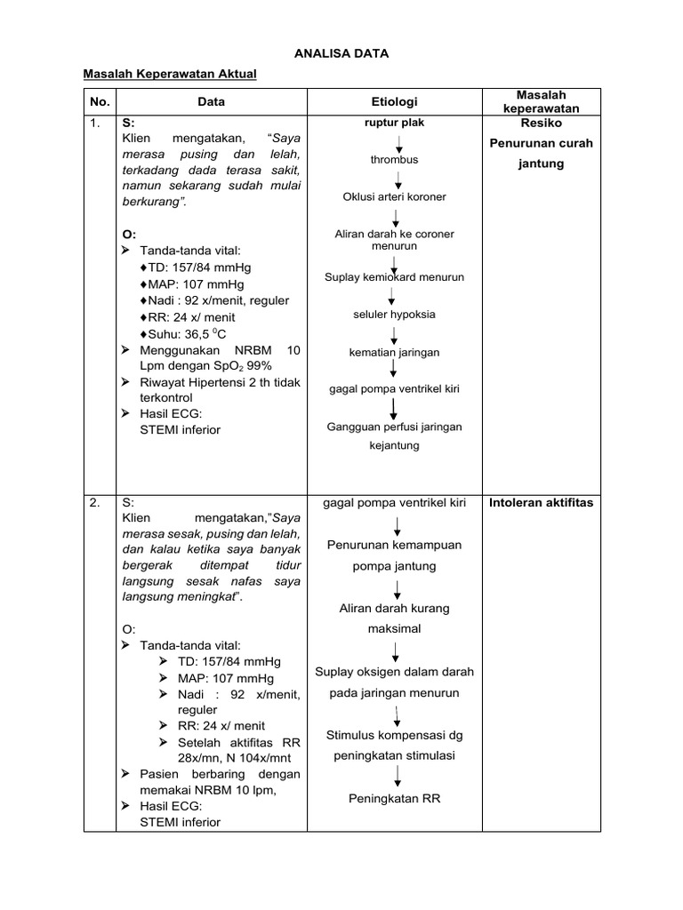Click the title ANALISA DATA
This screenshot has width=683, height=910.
(342, 53)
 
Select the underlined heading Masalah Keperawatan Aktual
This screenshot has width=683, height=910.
(170, 74)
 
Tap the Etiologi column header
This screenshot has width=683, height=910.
(394, 101)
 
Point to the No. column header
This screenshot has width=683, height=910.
(99, 101)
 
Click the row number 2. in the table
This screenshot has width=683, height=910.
(94, 502)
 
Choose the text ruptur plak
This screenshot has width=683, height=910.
(394, 123)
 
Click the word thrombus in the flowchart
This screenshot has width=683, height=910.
(394, 160)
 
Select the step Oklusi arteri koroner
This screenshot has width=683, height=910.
(394, 196)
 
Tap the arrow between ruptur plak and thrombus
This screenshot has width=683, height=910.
(398, 141)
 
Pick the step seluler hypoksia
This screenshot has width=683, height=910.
(394, 314)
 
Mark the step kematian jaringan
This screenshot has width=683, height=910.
(394, 352)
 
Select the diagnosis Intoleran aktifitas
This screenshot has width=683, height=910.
(541, 503)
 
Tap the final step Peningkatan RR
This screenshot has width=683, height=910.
(394, 798)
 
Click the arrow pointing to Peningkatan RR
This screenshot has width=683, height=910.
(398, 772)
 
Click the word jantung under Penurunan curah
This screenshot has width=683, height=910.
(541, 164)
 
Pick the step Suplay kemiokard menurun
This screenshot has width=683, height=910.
(394, 276)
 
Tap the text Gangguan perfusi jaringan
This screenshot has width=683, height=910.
(394, 427)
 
